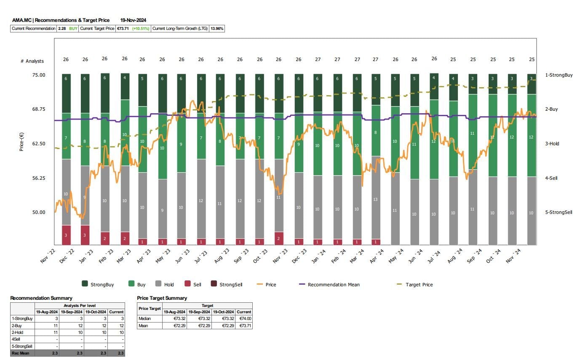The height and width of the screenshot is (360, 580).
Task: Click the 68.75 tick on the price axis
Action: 39,109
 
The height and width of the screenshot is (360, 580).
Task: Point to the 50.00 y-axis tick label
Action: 39,212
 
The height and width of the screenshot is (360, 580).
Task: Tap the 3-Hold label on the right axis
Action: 552,144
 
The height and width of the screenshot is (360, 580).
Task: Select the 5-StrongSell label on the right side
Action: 559,212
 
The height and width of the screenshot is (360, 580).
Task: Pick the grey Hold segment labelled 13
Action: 375,199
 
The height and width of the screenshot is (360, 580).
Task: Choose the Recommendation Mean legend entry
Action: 334,285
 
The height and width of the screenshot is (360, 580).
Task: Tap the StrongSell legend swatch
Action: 214,285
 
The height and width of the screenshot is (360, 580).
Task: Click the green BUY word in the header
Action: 74,29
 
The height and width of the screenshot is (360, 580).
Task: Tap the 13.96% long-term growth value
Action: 217,29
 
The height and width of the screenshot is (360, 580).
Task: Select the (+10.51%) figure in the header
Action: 140,29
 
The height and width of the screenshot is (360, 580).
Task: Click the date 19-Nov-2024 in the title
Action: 133,20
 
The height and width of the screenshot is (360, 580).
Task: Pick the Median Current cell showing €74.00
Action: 244,319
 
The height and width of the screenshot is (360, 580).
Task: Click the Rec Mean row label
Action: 21,353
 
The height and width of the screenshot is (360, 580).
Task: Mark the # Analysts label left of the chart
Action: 32,61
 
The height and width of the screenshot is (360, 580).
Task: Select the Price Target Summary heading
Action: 162,298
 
